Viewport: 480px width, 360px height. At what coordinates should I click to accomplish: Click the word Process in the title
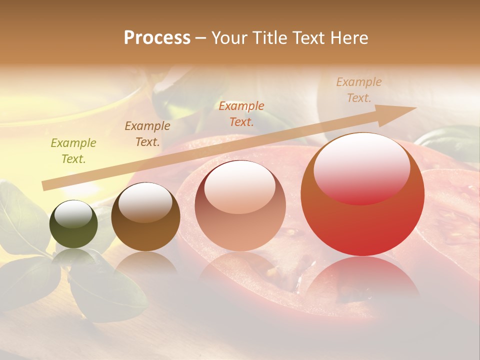[157, 38]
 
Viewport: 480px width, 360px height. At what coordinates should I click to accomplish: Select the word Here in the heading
[348, 38]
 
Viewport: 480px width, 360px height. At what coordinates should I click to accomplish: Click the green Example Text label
[73, 151]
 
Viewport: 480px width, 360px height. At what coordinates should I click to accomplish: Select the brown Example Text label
[147, 134]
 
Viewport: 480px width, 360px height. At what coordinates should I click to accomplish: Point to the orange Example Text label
[241, 113]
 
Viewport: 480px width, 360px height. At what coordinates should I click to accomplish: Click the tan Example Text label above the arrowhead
[359, 90]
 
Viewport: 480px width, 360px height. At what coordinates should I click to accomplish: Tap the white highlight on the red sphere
[361, 167]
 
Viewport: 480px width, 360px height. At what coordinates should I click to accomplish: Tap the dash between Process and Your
[200, 38]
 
